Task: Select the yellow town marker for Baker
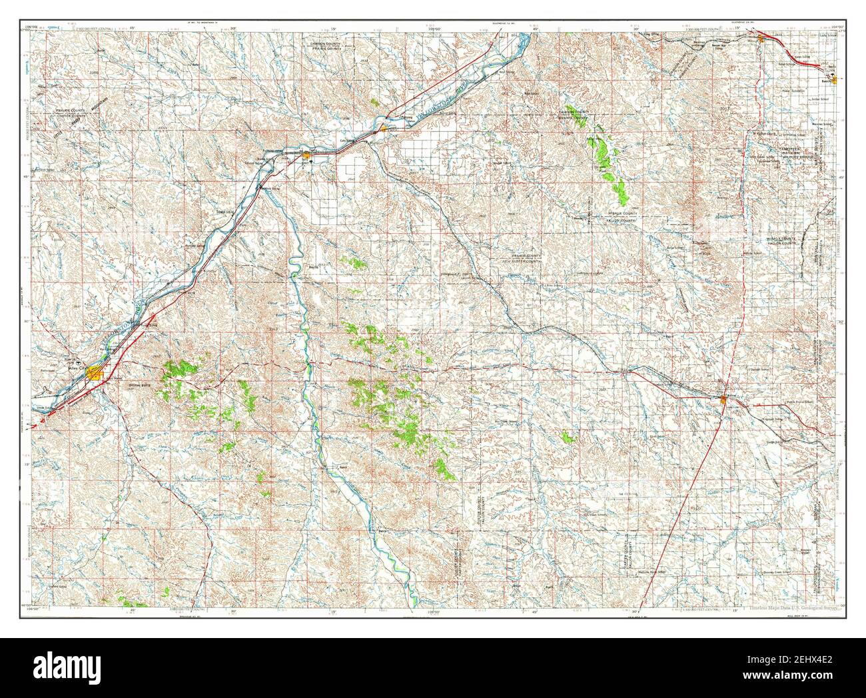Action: pos(724,399)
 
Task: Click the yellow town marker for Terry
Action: pos(306,155)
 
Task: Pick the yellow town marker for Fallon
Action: pos(384,128)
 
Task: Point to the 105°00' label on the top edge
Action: pos(436,29)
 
